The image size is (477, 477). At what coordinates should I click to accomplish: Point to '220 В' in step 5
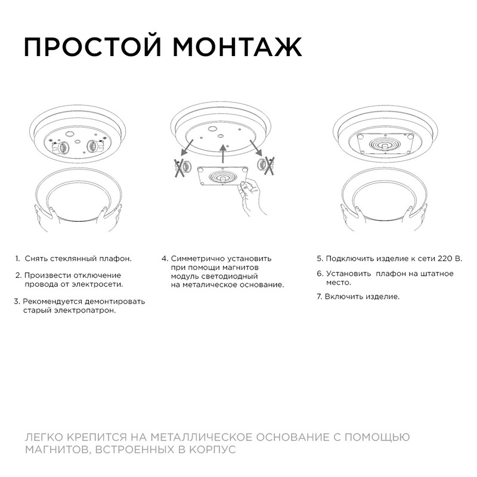click(451, 259)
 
